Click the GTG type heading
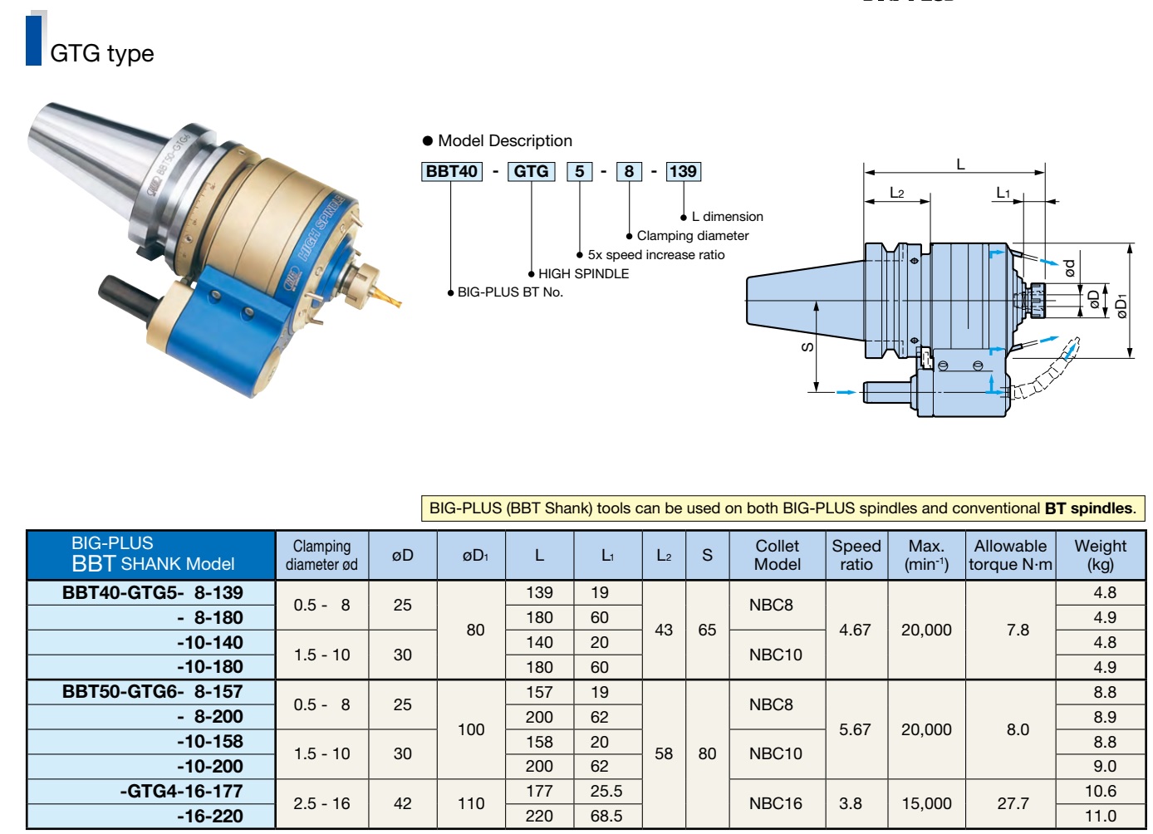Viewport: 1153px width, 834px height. (102, 53)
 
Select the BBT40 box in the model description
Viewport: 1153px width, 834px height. (451, 171)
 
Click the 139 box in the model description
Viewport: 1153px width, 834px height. (683, 171)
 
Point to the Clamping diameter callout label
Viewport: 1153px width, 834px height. (692, 236)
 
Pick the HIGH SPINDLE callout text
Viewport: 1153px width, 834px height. (583, 274)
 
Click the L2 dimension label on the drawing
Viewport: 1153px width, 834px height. (896, 193)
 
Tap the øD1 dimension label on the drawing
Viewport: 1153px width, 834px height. (1121, 307)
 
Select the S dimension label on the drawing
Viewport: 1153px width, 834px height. (807, 347)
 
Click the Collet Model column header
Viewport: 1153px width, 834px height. (778, 555)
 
